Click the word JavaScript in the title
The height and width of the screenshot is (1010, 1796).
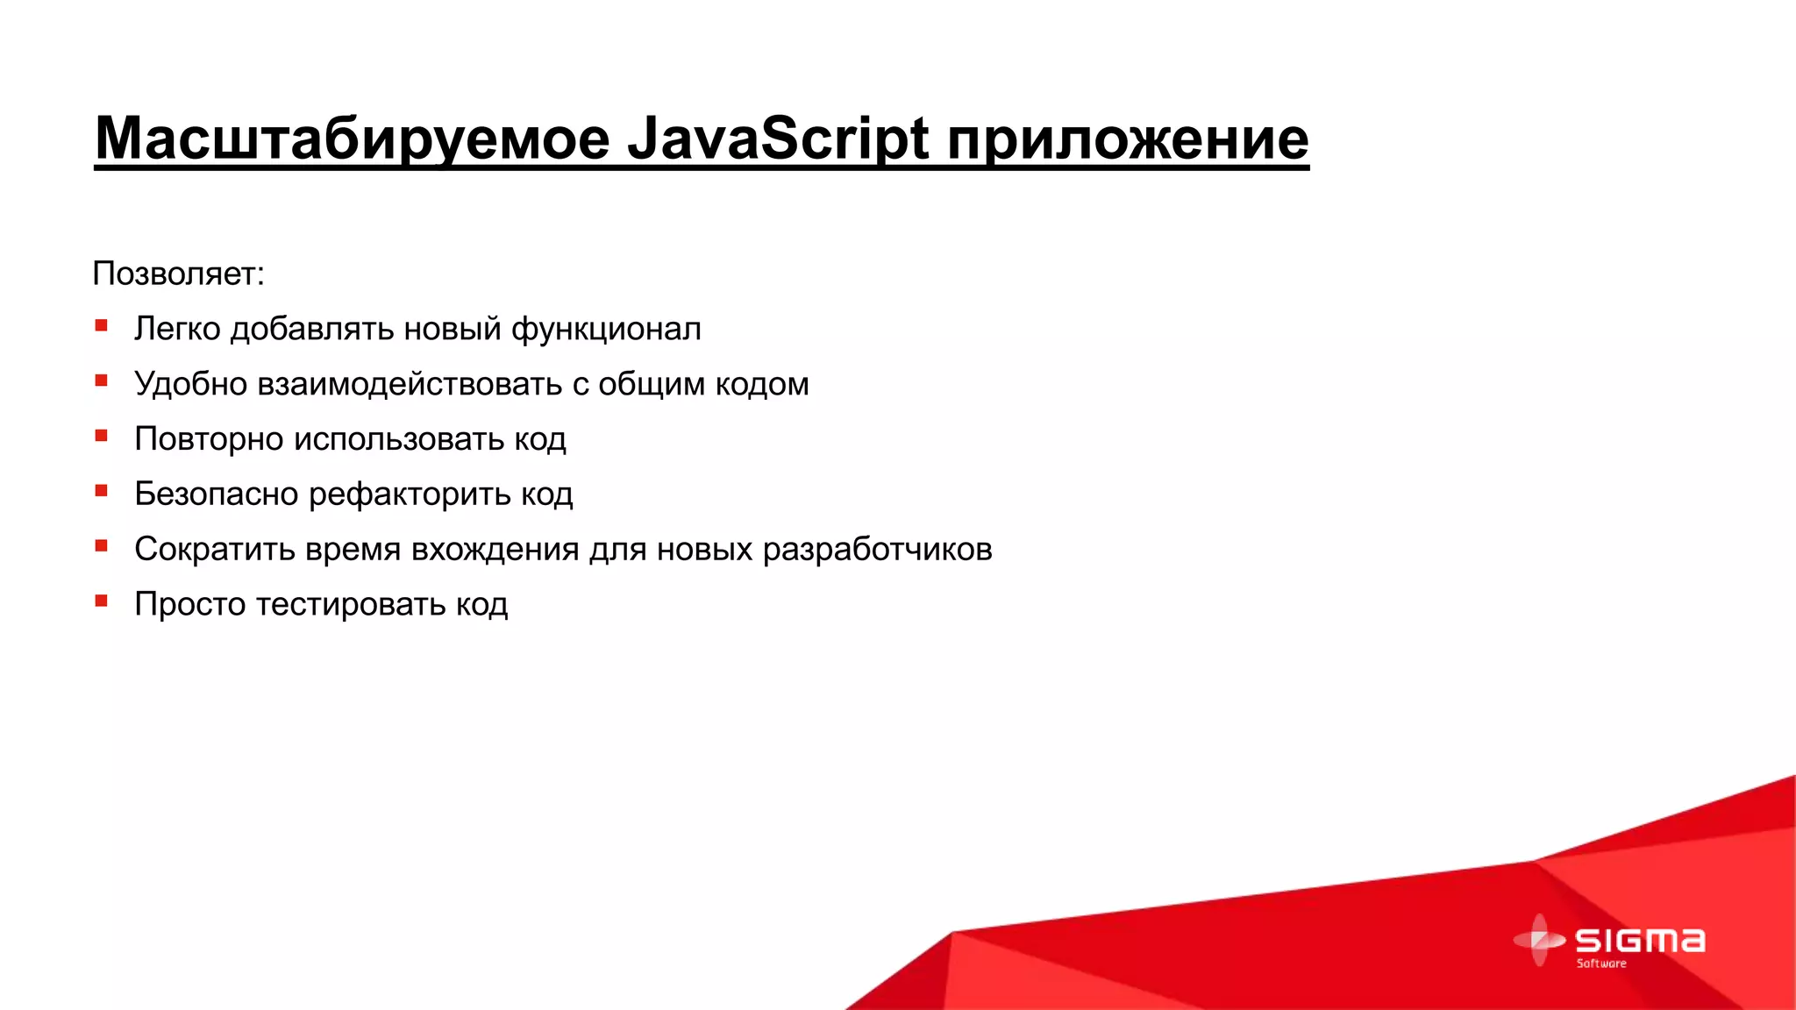[778, 139]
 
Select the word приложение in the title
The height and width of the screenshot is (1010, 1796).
[1128, 139]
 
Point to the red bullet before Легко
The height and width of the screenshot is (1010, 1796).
[102, 326]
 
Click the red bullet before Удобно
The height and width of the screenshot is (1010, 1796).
[102, 381]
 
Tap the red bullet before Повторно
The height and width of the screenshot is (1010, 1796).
[102, 437]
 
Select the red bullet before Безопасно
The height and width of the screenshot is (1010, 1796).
[102, 492]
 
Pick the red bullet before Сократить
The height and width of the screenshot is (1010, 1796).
[102, 547]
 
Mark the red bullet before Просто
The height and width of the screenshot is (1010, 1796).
[102, 602]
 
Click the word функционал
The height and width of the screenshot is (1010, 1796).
[606, 329]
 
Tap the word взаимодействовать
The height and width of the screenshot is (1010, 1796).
[410, 384]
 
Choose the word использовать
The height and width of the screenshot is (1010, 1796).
[399, 439]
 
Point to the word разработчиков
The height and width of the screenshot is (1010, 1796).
[877, 550]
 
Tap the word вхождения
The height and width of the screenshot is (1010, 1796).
[495, 550]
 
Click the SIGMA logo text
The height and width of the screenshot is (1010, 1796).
[1640, 941]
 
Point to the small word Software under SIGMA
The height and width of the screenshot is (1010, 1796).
[1601, 964]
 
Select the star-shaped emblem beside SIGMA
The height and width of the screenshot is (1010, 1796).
[1539, 940]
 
